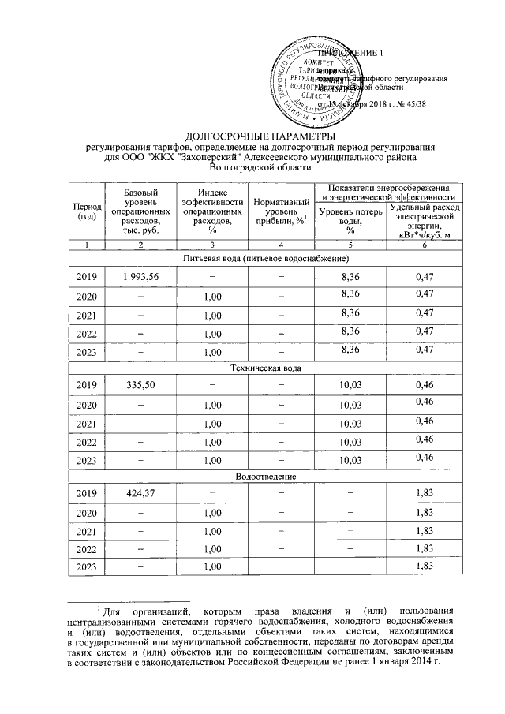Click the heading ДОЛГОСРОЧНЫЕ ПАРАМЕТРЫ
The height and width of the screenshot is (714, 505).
tap(251, 138)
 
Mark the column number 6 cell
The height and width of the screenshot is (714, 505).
tap(425, 246)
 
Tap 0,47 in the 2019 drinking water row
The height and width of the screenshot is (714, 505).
tap(425, 276)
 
